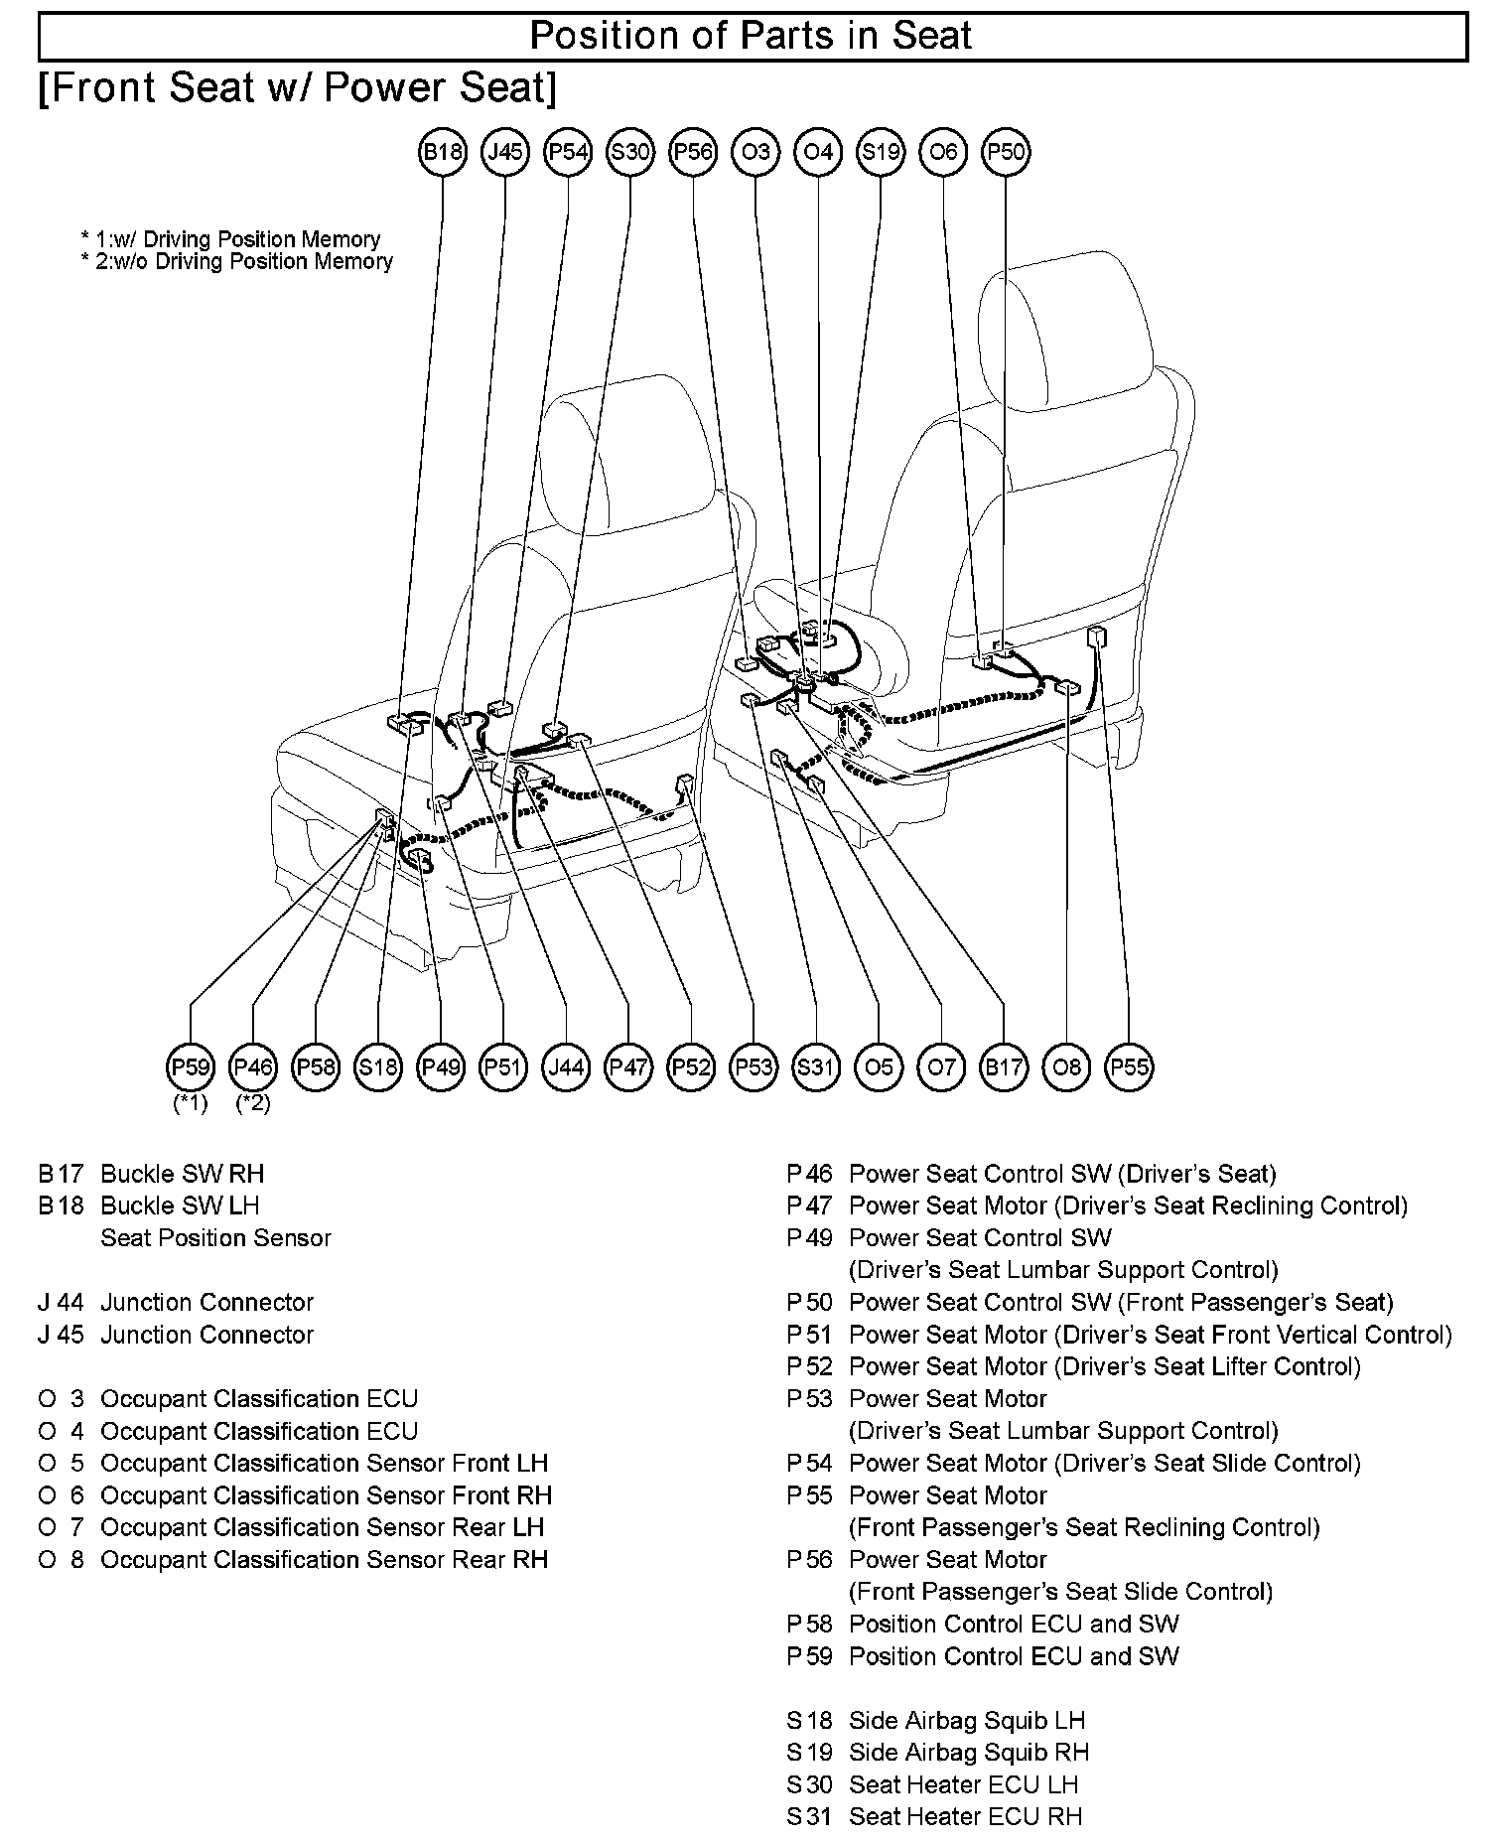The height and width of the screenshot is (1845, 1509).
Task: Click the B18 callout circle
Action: pyautogui.click(x=443, y=152)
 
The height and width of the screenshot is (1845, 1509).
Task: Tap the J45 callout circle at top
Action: pyautogui.click(x=505, y=152)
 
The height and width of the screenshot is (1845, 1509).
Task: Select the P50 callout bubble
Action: pyautogui.click(x=1006, y=152)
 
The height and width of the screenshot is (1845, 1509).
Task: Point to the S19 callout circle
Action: pyautogui.click(x=881, y=152)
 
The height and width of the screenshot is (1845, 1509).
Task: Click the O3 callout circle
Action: pyautogui.click(x=755, y=152)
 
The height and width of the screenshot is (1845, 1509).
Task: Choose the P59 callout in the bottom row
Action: pyautogui.click(x=191, y=1067)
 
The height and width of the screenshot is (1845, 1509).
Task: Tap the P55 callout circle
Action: pyautogui.click(x=1129, y=1067)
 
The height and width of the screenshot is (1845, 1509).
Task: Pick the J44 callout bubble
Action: pyautogui.click(x=566, y=1067)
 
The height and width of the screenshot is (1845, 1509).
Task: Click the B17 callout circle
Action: pyautogui.click(x=1004, y=1067)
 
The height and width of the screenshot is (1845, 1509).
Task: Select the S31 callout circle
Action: pyautogui.click(x=816, y=1067)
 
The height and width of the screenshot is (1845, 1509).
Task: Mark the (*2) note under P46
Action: pyautogui.click(x=253, y=1103)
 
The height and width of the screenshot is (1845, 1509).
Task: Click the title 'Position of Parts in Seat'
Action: pyautogui.click(x=752, y=36)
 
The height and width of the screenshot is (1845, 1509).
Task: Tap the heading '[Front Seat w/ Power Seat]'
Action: pyautogui.click(x=298, y=88)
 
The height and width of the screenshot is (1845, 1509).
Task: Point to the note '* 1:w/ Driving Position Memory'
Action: pyautogui.click(x=230, y=239)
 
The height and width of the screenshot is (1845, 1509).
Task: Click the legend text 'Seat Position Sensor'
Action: pyautogui.click(x=215, y=1238)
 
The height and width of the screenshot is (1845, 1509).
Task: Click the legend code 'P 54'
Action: pyautogui.click(x=809, y=1463)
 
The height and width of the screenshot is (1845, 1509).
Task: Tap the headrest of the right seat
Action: pyautogui.click(x=1065, y=318)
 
